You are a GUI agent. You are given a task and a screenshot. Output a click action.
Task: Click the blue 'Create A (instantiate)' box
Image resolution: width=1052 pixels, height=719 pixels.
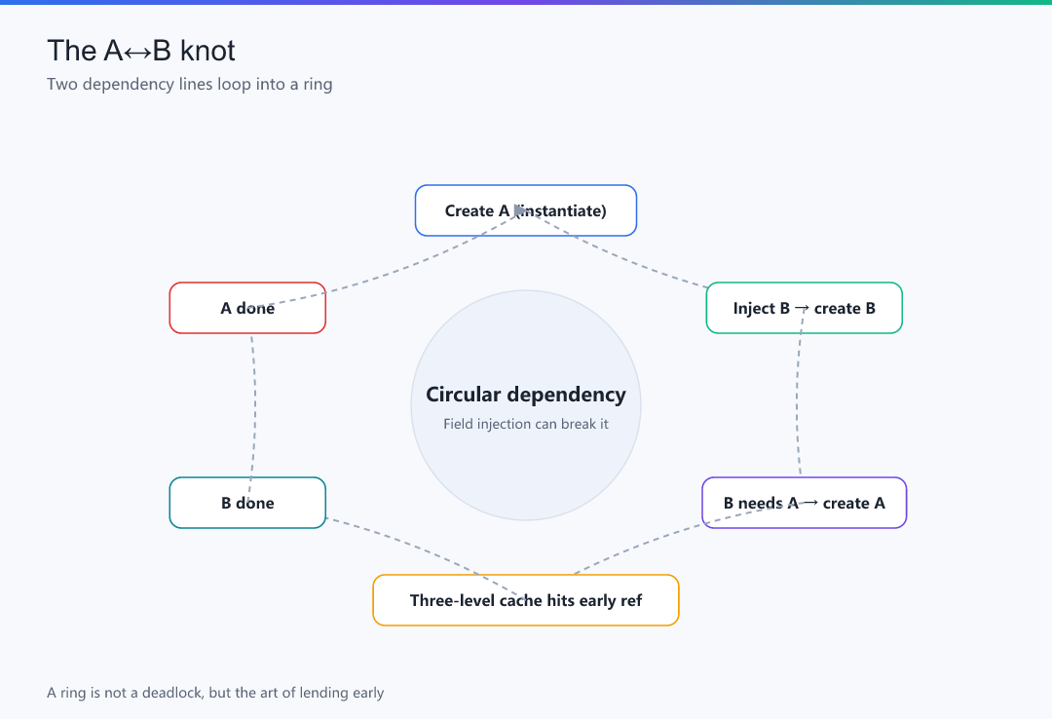click(526, 210)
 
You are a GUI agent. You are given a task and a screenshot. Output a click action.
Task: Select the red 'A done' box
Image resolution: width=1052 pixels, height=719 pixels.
click(247, 308)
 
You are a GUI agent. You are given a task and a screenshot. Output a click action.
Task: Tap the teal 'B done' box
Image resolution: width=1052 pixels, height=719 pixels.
click(247, 503)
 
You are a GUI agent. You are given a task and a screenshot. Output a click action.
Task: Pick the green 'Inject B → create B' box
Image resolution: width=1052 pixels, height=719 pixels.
click(805, 308)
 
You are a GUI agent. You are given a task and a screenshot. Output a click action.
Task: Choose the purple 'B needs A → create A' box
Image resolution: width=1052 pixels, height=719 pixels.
click(805, 503)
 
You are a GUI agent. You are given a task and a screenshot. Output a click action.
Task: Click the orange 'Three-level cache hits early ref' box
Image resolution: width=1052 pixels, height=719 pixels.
click(526, 600)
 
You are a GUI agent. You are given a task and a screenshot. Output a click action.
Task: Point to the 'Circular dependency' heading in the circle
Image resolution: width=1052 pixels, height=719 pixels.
click(526, 395)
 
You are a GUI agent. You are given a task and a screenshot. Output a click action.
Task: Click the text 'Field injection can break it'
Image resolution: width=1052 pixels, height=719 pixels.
click(526, 424)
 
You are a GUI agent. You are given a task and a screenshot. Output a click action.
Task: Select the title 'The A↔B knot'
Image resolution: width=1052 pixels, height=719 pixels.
click(141, 51)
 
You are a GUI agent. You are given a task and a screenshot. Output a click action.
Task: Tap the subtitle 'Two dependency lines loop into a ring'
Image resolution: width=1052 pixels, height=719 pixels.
click(190, 85)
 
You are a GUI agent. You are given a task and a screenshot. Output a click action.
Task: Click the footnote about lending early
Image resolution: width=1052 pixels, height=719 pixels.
click(215, 693)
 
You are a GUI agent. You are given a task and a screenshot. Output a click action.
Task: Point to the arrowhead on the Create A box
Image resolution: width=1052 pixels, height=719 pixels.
click(519, 210)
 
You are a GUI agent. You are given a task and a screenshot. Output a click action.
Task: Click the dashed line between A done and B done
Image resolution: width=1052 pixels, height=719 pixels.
click(253, 405)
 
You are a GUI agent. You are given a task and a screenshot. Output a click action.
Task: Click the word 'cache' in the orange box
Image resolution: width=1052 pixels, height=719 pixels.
click(521, 600)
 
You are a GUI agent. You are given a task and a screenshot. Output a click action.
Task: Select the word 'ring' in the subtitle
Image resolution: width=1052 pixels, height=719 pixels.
click(318, 86)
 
